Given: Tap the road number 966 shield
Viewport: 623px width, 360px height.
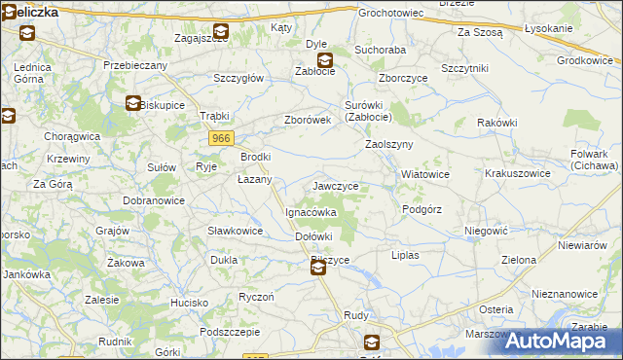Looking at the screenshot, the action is (220, 139).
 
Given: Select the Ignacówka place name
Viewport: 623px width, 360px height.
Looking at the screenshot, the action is (311, 211).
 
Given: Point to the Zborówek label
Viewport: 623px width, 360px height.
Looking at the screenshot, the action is (309, 120).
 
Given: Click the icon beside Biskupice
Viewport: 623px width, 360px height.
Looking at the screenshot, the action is (132, 103).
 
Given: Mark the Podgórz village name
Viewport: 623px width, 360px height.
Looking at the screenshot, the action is (422, 209).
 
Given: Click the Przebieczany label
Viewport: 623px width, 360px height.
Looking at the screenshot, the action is (135, 65).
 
